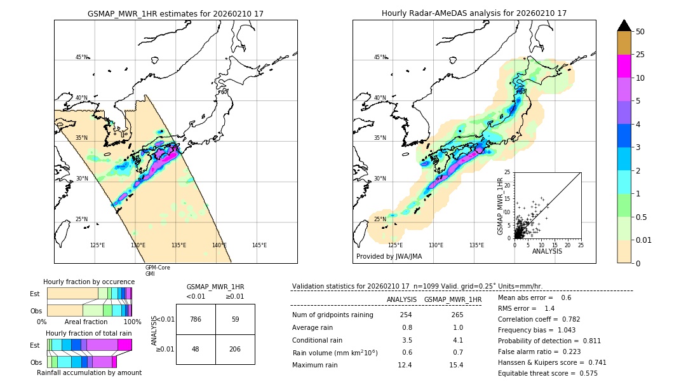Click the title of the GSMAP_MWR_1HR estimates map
pos(175,13)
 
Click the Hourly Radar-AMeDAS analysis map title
pos(474,13)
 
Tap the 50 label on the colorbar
pos(641,32)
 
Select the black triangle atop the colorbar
pos(624,25)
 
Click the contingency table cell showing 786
pos(196,319)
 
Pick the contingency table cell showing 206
pos(235,349)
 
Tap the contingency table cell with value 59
pos(235,319)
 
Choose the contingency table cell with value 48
pos(196,349)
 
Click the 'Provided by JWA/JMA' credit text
pos(389,257)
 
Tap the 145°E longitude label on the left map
pos(259,245)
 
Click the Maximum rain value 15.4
pos(456,365)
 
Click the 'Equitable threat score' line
pos(548,373)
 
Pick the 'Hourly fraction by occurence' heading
pos(89,282)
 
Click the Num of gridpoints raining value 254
pos(406,315)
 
